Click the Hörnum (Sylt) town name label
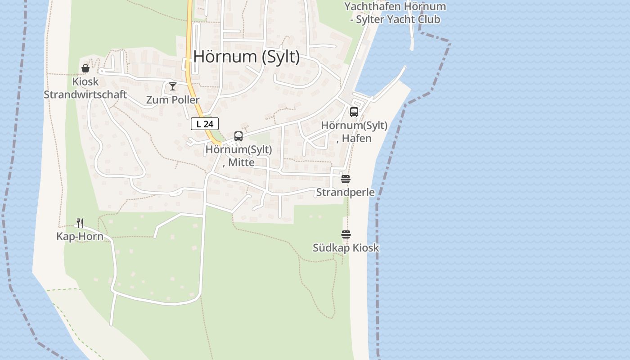point(247,57)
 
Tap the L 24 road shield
point(205,124)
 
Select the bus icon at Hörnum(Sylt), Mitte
point(238,136)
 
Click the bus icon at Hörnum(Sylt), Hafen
point(354,112)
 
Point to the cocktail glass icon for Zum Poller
point(173,86)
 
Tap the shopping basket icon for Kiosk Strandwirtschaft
point(85,68)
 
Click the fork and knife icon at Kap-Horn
point(80,223)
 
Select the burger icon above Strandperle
point(346,179)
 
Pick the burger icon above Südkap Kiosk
point(346,234)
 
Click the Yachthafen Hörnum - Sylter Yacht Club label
point(395,13)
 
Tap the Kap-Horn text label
point(80,237)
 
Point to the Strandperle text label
point(346,193)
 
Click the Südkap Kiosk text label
point(346,248)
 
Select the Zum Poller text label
point(173,100)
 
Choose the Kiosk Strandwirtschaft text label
point(85,88)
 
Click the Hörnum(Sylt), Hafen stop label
point(354,132)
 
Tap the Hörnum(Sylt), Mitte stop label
point(238,156)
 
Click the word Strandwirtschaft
point(85,95)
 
